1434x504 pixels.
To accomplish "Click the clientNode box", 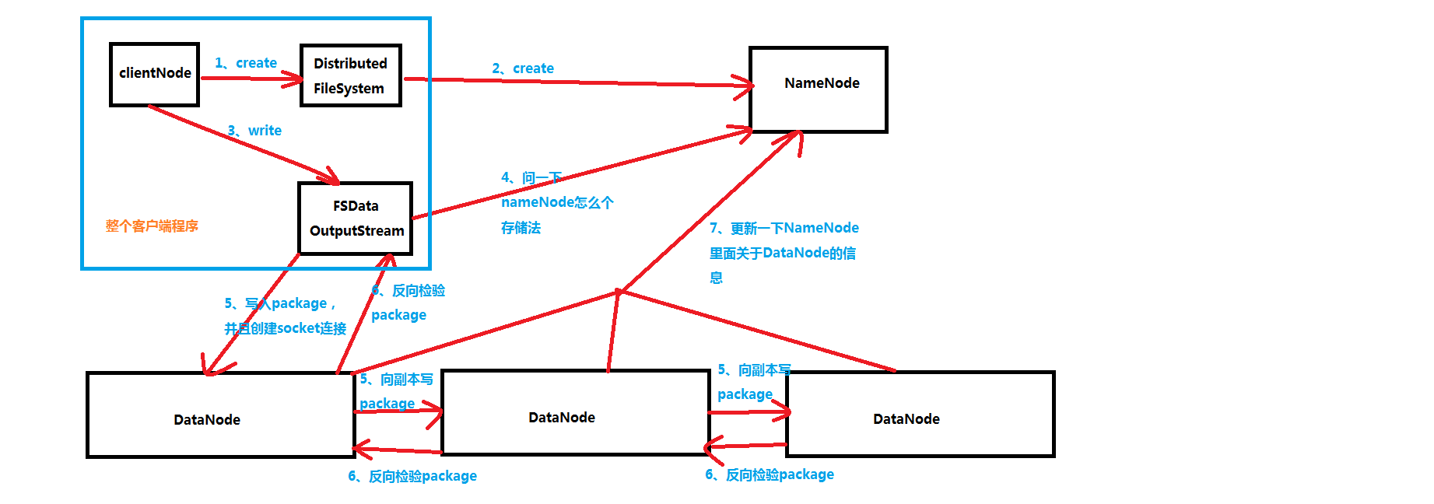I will pos(154,74).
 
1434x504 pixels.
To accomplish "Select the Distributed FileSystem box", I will pos(350,75).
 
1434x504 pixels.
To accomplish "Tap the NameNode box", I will pos(818,89).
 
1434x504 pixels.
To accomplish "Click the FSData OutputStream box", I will pos(356,219).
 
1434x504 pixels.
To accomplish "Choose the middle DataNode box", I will pos(575,412).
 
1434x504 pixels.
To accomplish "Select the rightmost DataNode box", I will pos(920,414).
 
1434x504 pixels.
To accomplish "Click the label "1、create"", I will pos(246,63).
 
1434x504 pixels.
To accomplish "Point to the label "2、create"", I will pos(523,68).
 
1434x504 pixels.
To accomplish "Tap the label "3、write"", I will pos(254,131).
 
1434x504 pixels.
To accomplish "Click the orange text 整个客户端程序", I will pos(152,226).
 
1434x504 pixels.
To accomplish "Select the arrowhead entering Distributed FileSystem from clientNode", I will pos(296,79).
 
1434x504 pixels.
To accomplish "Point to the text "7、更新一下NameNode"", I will pos(784,228).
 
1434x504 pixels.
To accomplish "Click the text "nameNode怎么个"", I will pos(557,202).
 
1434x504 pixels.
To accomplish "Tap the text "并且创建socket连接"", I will pos(285,328).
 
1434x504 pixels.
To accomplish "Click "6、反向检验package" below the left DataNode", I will pos(412,476).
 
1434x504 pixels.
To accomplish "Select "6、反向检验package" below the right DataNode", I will pos(770,474).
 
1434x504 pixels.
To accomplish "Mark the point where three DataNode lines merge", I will pos(619,292).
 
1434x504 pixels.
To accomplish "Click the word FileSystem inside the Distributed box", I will pos(349,89).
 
